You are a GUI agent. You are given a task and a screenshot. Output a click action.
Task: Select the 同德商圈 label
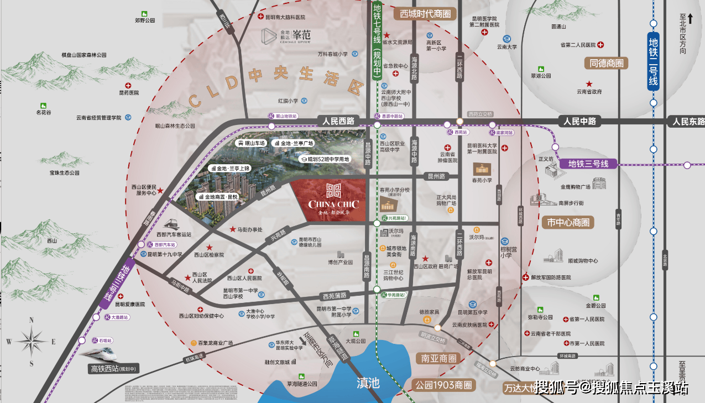click(606, 63)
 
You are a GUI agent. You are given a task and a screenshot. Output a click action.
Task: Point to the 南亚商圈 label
click(438, 358)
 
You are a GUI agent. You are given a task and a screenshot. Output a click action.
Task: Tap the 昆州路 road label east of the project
click(436, 176)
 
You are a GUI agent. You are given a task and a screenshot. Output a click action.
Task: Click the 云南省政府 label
click(589, 92)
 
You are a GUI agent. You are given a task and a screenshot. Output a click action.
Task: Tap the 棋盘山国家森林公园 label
click(83, 55)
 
